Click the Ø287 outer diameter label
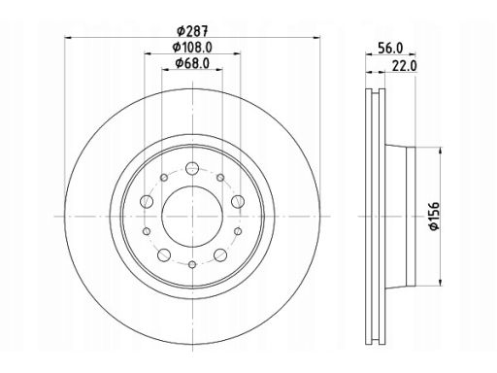tap(192, 31)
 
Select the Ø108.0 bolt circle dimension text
tap(192, 48)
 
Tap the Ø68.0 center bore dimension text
tap(192, 63)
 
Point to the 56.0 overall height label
tap(390, 49)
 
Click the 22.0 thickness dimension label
tap(404, 66)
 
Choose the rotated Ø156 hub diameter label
tap(434, 216)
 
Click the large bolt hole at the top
tap(192, 168)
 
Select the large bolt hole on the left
tap(147, 201)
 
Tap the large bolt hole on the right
tap(238, 201)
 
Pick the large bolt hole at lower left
tap(164, 254)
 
